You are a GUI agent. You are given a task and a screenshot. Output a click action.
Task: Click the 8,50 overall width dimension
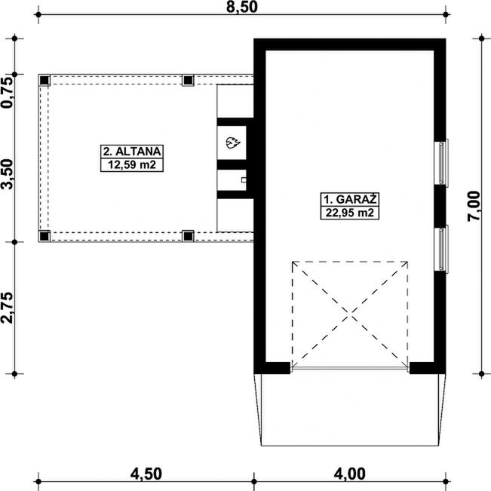pyautogui.click(x=242, y=7)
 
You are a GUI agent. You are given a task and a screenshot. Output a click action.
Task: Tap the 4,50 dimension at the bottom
pyautogui.click(x=146, y=474)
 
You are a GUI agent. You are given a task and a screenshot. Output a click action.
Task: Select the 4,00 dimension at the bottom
pyautogui.click(x=349, y=474)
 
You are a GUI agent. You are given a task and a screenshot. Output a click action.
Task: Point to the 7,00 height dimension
pyautogui.click(x=474, y=207)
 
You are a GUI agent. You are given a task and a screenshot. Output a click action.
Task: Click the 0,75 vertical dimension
pyautogui.click(x=7, y=93)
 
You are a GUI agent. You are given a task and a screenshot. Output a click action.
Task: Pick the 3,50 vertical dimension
pyautogui.click(x=7, y=174)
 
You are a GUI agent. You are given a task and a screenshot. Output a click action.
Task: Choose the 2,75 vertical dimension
pyautogui.click(x=7, y=308)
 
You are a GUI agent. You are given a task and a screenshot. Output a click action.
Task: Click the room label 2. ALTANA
pyautogui.click(x=132, y=152)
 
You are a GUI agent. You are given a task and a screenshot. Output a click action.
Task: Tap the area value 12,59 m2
pyautogui.click(x=132, y=164)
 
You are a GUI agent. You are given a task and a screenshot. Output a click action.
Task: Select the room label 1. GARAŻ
pyautogui.click(x=350, y=199)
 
